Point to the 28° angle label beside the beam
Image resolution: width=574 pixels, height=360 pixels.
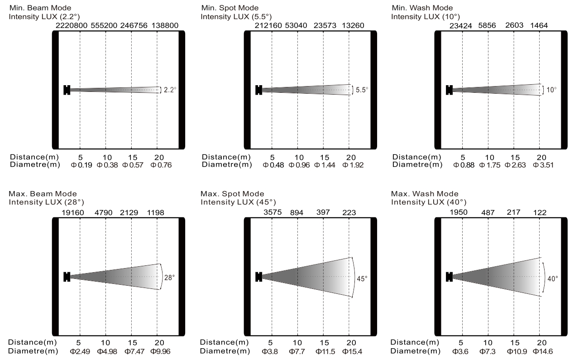(x=169, y=276)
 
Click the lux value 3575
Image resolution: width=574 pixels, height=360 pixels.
(x=272, y=212)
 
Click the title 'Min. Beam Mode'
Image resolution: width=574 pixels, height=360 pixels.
(x=40, y=8)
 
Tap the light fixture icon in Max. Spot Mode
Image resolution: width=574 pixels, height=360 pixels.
(x=258, y=276)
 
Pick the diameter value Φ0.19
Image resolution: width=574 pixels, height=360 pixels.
(x=80, y=164)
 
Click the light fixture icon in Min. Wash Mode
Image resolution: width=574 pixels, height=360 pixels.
(x=449, y=90)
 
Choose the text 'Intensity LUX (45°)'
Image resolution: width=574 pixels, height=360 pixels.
(x=238, y=202)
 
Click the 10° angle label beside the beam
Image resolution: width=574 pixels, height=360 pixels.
(x=551, y=90)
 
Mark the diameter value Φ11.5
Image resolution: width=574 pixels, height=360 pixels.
(x=323, y=351)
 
